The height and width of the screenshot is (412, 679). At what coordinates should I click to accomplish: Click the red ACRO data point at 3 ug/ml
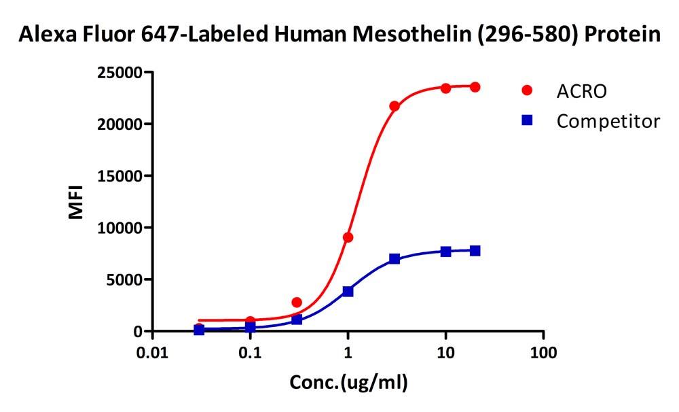point(394,106)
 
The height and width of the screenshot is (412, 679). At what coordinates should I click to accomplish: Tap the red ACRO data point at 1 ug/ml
point(348,237)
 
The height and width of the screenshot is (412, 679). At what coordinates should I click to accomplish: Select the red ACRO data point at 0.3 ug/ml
point(297,302)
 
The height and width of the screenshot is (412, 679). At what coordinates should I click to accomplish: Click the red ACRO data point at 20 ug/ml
point(475,87)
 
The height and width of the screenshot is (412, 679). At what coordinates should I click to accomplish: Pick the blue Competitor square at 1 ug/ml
point(348,291)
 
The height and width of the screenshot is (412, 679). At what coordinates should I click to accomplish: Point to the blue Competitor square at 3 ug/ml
point(394,259)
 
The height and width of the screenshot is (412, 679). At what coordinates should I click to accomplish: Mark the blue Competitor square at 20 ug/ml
point(475,251)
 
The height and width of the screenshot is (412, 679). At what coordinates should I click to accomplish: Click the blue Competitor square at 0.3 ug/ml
point(297,320)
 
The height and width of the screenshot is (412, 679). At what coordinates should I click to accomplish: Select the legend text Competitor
point(608,122)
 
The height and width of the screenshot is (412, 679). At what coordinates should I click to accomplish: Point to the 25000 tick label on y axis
point(119,72)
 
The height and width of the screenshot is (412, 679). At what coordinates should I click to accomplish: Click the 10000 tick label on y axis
point(119,228)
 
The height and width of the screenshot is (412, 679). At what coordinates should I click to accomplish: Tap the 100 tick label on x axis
point(543,354)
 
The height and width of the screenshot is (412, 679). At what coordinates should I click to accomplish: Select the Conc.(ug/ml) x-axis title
point(349,383)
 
